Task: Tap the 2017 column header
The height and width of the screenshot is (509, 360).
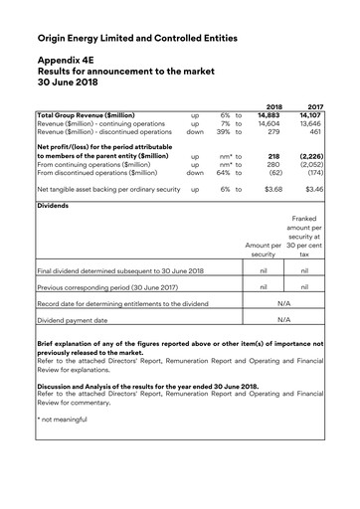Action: point(316,105)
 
